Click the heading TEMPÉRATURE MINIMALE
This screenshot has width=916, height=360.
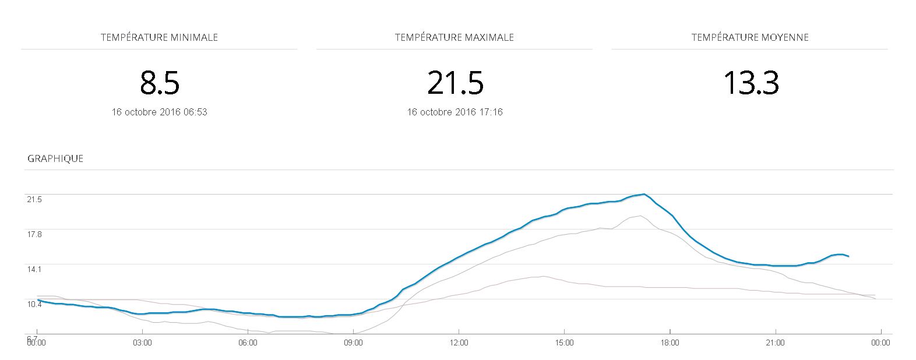(x=159, y=37)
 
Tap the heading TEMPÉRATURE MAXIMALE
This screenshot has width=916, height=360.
(x=454, y=37)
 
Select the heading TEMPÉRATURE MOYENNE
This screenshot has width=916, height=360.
(x=750, y=37)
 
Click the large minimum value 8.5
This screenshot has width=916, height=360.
(x=159, y=83)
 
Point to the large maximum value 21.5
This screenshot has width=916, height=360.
(x=455, y=83)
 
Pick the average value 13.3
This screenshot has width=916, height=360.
(x=751, y=83)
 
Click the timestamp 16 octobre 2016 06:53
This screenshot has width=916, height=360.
(x=159, y=112)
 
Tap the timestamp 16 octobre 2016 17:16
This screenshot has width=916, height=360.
(x=455, y=112)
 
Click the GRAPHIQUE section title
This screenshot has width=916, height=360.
(x=55, y=158)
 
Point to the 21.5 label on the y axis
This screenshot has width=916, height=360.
(x=34, y=199)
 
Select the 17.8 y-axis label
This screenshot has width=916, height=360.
(x=34, y=234)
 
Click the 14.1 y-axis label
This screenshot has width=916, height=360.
(x=34, y=269)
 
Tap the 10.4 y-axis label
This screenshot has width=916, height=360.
(x=34, y=304)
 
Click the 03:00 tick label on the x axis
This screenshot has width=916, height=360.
(x=142, y=343)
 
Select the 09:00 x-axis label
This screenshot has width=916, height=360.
(x=353, y=343)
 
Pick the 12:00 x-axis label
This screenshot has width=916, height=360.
(x=459, y=343)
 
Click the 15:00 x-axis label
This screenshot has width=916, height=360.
(x=564, y=343)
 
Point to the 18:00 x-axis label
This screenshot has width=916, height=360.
(x=670, y=343)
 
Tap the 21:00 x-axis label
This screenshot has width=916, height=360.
(x=775, y=343)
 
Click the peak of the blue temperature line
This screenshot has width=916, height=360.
(x=644, y=194)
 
